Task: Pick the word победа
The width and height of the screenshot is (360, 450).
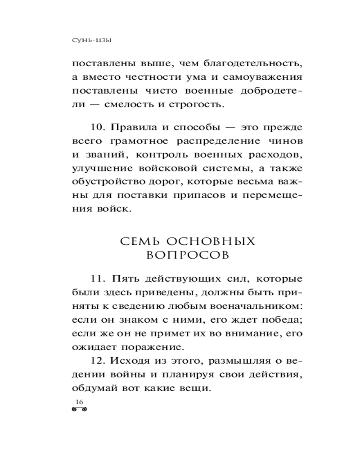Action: (x=281, y=320)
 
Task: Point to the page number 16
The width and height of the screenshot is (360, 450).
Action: (x=80, y=402)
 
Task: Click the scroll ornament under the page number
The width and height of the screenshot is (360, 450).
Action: (x=80, y=410)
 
